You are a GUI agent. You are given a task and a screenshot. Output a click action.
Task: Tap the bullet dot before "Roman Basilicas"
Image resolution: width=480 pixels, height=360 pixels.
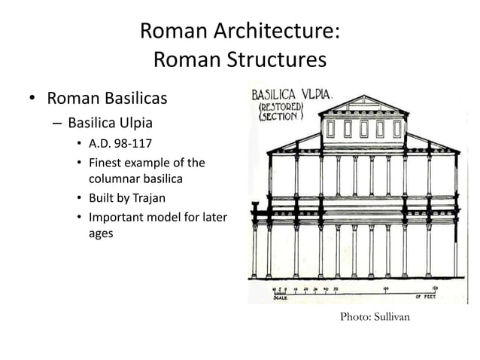pyautogui.click(x=32, y=99)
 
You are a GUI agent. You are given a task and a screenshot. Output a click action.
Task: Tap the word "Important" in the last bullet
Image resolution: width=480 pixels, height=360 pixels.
pyautogui.click(x=120, y=218)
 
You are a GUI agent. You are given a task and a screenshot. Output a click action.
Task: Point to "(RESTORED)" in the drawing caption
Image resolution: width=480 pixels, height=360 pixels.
pyautogui.click(x=281, y=108)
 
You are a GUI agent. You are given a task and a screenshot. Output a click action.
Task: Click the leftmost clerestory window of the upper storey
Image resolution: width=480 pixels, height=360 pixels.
pyautogui.click(x=331, y=129)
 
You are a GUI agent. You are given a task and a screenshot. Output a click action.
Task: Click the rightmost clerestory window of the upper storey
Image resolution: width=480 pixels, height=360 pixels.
pyautogui.click(x=396, y=129)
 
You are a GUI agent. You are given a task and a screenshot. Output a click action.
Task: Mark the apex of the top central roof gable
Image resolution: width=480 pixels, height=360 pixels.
pyautogui.click(x=363, y=96)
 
